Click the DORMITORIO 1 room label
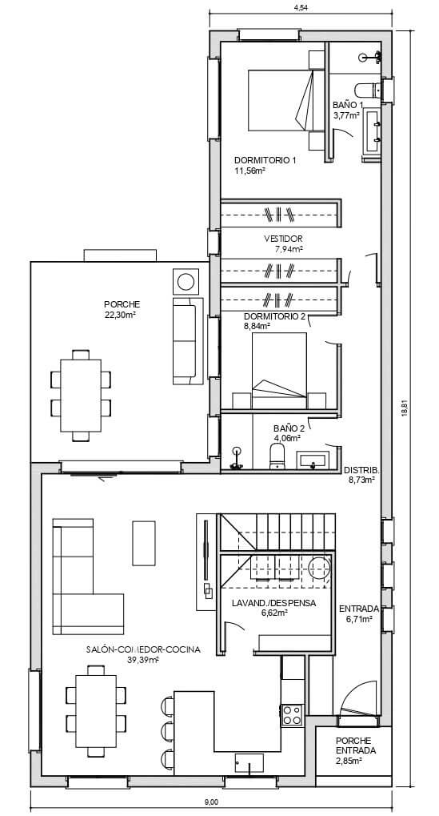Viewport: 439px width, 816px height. (x=265, y=160)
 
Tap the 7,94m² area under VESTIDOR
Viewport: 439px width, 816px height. (x=289, y=249)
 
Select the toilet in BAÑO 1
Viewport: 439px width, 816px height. (x=369, y=90)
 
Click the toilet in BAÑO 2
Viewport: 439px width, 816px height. (x=277, y=456)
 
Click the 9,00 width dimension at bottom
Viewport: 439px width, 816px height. (x=211, y=802)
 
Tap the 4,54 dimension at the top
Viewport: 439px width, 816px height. (x=301, y=7)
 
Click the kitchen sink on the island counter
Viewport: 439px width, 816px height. (x=249, y=763)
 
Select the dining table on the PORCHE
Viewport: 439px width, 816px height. (x=81, y=396)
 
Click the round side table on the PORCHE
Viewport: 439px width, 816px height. (x=186, y=282)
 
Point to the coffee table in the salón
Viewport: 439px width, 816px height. (x=144, y=543)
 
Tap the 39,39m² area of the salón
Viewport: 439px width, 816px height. (x=143, y=660)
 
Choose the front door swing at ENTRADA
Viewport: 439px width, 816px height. (x=358, y=697)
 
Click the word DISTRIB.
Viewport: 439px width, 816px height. (x=362, y=471)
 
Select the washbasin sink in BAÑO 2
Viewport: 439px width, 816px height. (x=311, y=460)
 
